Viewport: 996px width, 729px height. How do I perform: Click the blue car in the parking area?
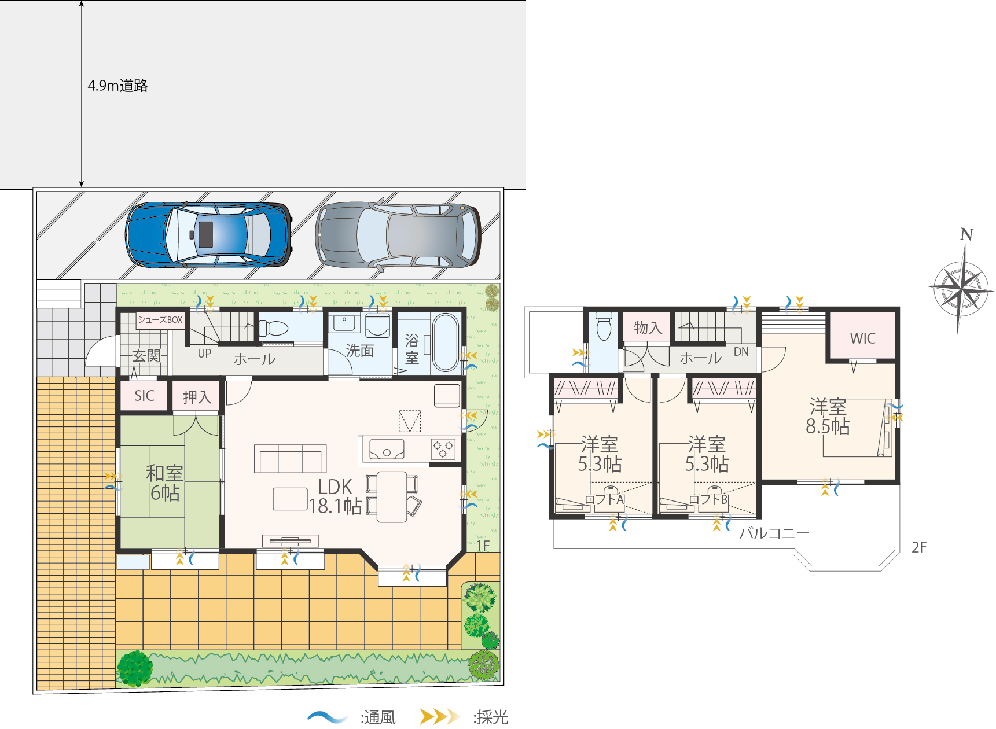tap(208, 234)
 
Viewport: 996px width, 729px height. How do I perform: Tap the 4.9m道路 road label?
tap(117, 86)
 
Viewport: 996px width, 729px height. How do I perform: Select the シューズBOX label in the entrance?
tap(160, 320)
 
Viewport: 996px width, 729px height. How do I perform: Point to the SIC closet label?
tap(144, 396)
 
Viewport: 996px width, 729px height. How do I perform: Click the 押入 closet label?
tap(197, 397)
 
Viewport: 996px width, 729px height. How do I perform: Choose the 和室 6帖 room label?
tap(164, 483)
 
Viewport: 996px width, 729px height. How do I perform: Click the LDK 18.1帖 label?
tap(335, 496)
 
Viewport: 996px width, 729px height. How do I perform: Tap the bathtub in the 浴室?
tap(445, 342)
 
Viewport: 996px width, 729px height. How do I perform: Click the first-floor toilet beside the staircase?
tap(274, 329)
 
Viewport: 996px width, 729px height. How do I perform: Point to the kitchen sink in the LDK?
tap(387, 450)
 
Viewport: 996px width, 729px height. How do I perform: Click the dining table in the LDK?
tap(392, 496)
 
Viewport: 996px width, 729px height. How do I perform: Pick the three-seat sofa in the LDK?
tap(291, 459)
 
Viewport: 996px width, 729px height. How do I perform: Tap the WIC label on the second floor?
tap(862, 338)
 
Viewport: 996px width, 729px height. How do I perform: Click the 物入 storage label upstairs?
tap(648, 328)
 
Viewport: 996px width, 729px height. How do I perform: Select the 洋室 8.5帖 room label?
tap(828, 417)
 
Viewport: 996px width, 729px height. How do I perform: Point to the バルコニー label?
tap(774, 533)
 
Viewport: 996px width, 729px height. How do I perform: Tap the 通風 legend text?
tap(378, 717)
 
